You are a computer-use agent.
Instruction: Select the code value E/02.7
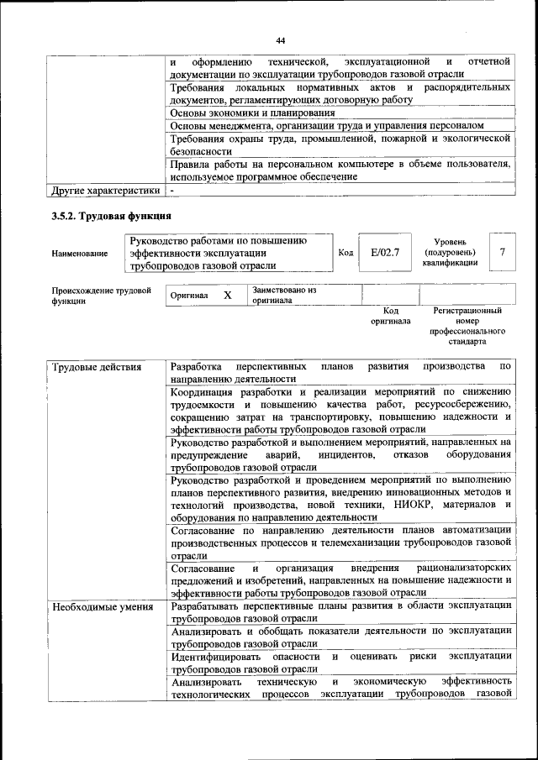click(384, 252)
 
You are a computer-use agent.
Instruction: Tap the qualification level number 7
click(502, 252)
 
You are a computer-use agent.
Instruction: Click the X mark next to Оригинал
click(227, 296)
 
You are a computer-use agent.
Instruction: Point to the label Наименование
click(80, 253)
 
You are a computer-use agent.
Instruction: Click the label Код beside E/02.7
click(345, 252)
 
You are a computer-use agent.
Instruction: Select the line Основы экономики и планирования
click(247, 112)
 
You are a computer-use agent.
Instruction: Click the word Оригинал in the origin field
click(189, 296)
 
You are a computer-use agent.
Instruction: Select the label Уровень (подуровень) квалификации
click(450, 252)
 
